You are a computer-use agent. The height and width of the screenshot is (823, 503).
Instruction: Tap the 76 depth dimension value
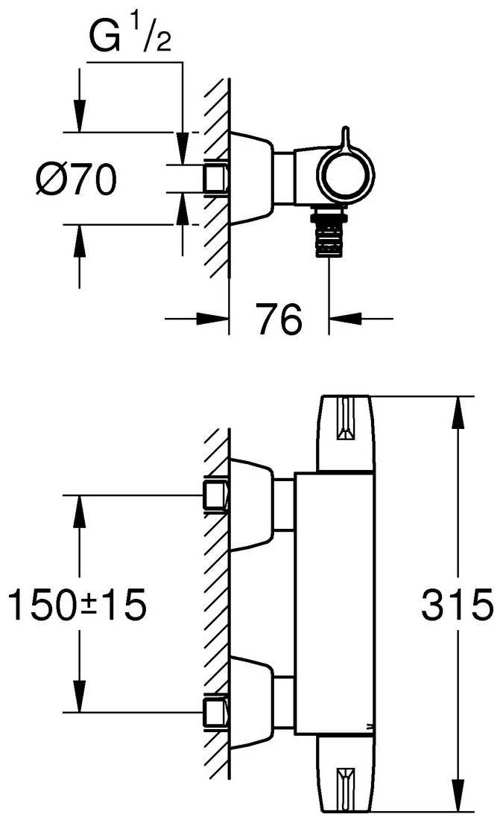tap(279, 320)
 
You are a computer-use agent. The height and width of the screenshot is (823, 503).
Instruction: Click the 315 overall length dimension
tap(457, 605)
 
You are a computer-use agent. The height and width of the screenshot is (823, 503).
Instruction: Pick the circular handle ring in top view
tap(347, 177)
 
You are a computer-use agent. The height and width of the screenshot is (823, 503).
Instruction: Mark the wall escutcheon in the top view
tap(251, 179)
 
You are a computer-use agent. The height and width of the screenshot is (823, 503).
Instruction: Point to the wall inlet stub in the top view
tap(215, 178)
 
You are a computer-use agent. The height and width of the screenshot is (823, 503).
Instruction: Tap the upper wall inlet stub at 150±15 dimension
tap(215, 496)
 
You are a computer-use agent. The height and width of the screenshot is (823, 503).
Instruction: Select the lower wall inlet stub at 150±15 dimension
tap(215, 712)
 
